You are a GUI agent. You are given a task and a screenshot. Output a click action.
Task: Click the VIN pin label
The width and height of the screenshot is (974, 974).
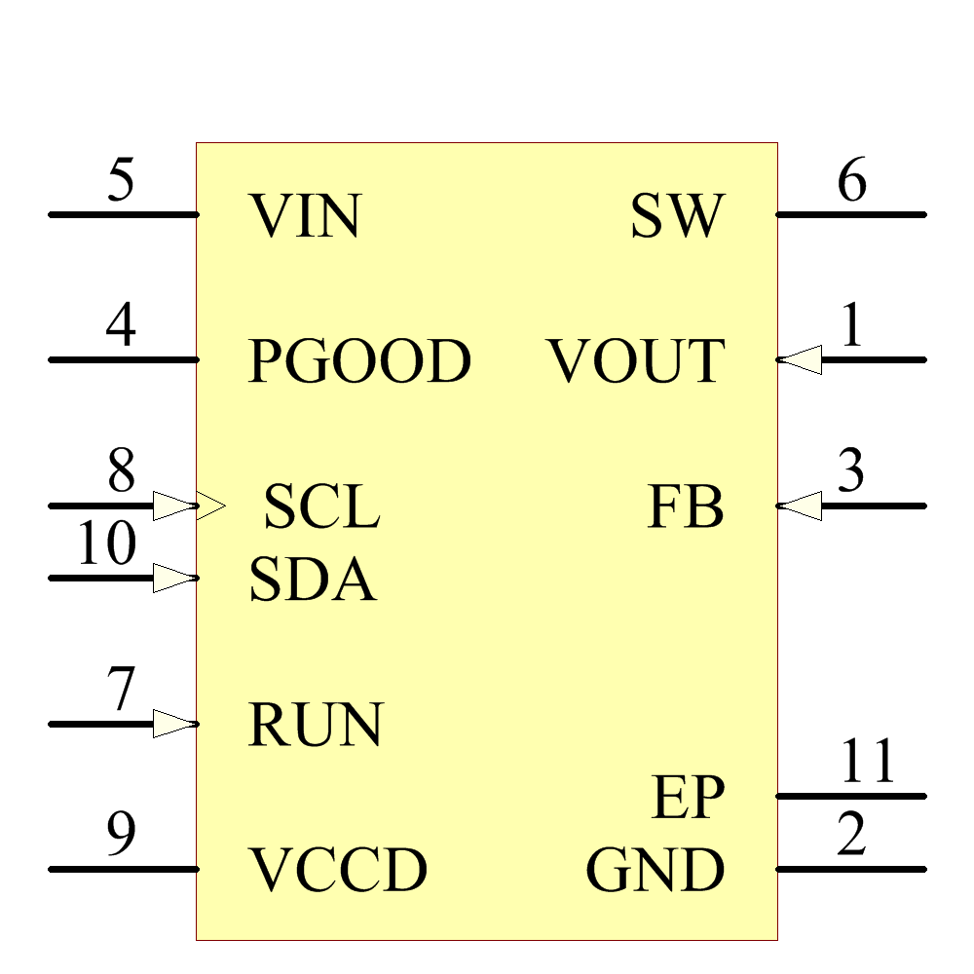point(305,216)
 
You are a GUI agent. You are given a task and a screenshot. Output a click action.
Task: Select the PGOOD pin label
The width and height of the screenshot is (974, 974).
point(359,361)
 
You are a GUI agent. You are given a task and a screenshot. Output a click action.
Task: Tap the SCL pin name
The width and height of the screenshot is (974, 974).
point(321,507)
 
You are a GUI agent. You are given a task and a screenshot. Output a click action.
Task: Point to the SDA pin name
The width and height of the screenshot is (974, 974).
point(313,581)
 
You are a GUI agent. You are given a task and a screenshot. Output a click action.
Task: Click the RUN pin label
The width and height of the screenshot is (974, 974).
point(316,726)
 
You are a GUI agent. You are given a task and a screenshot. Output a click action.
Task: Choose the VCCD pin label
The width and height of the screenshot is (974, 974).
point(338,871)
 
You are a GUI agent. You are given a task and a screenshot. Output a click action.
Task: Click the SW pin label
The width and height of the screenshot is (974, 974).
point(678,216)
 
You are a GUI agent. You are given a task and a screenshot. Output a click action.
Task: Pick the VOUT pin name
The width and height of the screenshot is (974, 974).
point(636,361)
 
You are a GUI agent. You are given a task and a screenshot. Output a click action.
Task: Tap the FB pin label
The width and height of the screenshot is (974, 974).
point(686,507)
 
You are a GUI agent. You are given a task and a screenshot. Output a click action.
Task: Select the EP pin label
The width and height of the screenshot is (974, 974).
point(688,799)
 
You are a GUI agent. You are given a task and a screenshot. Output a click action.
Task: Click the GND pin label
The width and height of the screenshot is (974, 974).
point(656,871)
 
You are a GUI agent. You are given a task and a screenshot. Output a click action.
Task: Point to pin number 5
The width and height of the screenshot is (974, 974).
point(121,181)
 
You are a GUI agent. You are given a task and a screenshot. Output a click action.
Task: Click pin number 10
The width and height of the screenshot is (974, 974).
point(106,544)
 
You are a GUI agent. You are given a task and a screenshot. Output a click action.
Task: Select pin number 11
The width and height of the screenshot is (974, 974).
point(867,763)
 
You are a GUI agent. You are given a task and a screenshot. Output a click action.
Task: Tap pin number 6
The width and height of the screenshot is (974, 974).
point(851,181)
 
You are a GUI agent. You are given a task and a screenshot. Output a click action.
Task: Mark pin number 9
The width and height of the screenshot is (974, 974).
point(121,836)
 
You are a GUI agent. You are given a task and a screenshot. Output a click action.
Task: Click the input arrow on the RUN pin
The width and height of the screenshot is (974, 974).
point(175,724)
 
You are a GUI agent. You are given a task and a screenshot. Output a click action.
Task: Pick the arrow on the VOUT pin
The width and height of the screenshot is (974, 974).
point(801,360)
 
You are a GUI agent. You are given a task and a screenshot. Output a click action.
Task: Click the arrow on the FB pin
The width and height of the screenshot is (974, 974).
point(801,506)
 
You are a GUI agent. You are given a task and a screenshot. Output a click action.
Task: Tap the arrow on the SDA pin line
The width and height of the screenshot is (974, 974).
point(175,579)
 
